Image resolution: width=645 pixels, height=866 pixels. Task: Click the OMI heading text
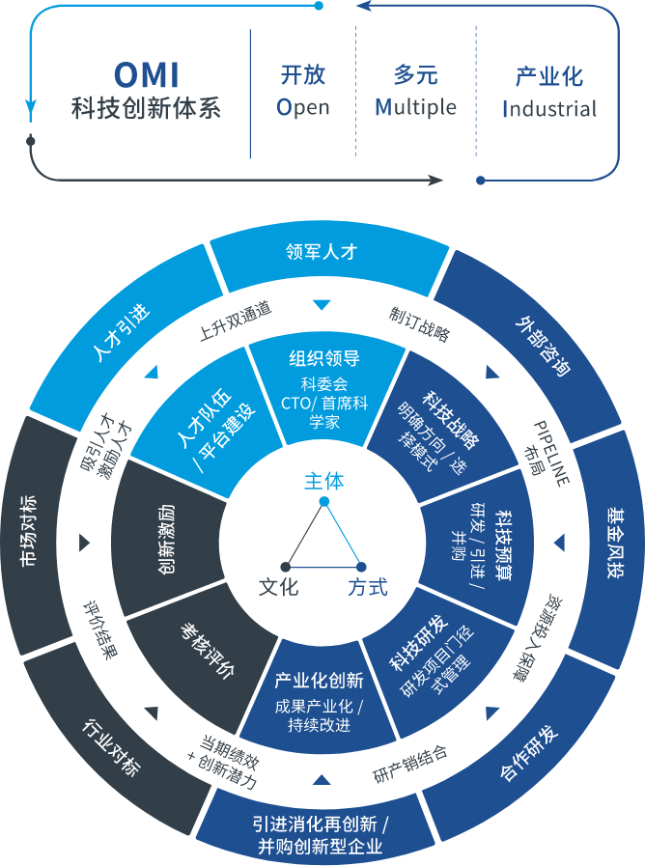coord(147,76)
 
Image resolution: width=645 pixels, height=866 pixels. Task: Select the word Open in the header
coord(303,107)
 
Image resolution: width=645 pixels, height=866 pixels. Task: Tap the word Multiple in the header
coord(415,107)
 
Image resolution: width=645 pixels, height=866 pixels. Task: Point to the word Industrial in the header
coord(549,108)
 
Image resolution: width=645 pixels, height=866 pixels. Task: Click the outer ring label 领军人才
coord(322,252)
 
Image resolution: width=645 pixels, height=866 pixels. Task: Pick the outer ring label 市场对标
coord(29,529)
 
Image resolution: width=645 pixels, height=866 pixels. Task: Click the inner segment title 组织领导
coord(324,358)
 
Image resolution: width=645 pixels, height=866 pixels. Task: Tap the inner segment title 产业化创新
coord(319,680)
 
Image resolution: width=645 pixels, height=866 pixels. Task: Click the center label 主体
coord(323,481)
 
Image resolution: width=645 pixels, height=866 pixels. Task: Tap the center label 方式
coord(368,586)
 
